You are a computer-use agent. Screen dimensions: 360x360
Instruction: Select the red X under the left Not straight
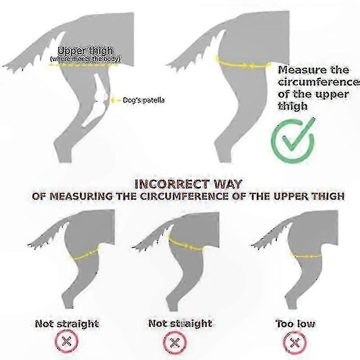(x=67, y=342)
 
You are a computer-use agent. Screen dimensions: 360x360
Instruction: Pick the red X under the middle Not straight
(x=175, y=343)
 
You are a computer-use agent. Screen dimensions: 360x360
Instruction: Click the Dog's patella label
(x=144, y=100)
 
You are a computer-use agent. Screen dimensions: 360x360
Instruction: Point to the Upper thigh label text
(x=85, y=50)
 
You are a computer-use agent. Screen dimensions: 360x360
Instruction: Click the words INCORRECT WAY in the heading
(x=188, y=184)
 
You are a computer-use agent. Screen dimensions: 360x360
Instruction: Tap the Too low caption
(x=295, y=324)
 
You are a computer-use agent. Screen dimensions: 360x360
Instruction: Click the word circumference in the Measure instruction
(x=319, y=82)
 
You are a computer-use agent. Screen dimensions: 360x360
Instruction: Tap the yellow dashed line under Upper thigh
(x=84, y=65)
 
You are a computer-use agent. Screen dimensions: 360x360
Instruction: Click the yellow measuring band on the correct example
(x=243, y=65)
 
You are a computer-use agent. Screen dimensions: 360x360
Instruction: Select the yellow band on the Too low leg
(x=306, y=256)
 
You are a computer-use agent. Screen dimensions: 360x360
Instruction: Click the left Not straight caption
(x=67, y=324)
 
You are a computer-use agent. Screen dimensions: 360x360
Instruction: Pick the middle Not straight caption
(x=180, y=323)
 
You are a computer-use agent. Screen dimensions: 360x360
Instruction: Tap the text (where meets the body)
(x=85, y=59)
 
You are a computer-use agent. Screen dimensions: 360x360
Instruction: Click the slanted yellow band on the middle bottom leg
(x=186, y=245)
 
